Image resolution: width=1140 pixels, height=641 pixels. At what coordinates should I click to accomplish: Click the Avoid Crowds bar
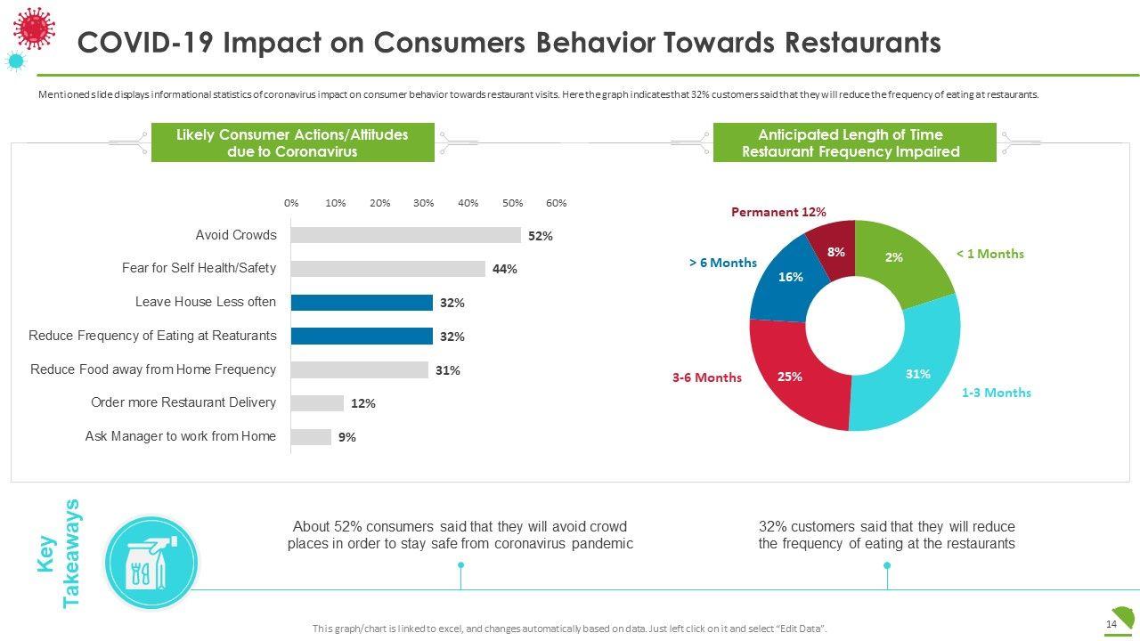(405, 235)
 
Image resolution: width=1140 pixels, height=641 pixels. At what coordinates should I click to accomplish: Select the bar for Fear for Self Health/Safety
(387, 269)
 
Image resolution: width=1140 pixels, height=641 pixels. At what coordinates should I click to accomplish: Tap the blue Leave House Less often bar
(362, 303)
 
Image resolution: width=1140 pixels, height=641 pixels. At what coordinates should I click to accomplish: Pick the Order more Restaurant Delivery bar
(317, 403)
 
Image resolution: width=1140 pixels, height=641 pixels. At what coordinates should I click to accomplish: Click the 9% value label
(346, 437)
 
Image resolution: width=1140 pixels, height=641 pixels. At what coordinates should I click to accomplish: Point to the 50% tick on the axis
(512, 203)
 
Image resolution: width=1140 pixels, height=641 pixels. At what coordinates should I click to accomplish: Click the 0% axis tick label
(291, 203)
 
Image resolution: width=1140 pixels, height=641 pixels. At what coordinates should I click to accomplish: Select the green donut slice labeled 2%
(901, 259)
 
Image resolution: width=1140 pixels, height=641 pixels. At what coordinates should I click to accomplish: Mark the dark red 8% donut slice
(834, 252)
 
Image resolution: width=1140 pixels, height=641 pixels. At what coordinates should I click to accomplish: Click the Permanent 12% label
(778, 212)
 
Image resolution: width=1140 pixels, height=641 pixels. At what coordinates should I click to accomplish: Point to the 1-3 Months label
(996, 393)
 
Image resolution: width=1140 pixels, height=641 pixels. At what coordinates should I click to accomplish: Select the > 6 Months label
(722, 263)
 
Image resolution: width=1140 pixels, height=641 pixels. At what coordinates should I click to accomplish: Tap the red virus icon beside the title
(35, 28)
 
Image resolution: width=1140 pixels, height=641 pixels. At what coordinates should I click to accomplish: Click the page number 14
(1111, 624)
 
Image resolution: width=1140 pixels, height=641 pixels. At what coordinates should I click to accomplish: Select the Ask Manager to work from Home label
(181, 436)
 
